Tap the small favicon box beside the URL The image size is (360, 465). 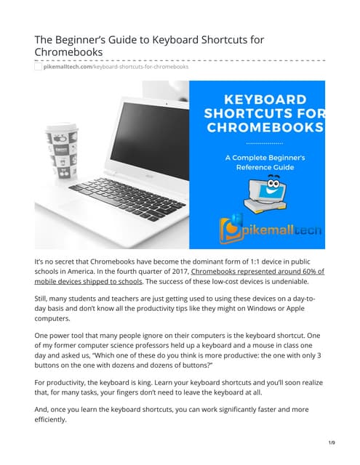[x=38, y=67]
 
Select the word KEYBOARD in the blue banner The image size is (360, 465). [x=263, y=100]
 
